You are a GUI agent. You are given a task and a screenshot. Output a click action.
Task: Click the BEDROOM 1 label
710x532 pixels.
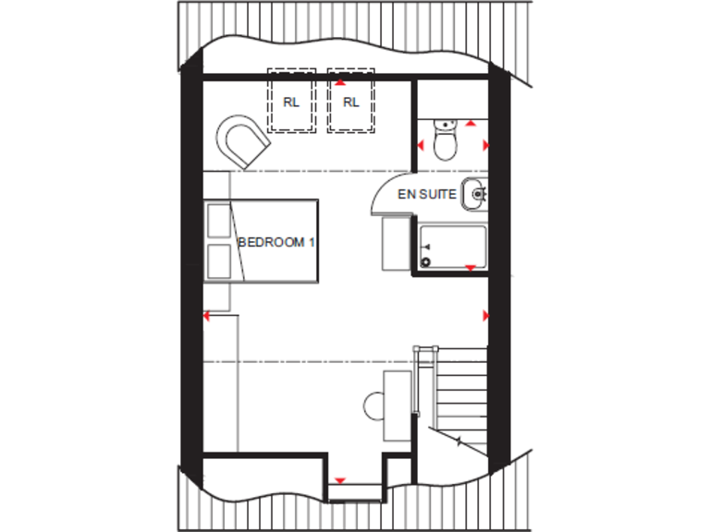tap(277, 242)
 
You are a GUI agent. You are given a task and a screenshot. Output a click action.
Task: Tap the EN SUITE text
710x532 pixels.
tap(426, 195)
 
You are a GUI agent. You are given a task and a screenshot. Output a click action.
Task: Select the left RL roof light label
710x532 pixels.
tap(292, 103)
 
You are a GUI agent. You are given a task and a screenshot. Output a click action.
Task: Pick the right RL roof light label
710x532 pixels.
tap(350, 103)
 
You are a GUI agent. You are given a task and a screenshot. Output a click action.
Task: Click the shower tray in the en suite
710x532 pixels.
tap(453, 246)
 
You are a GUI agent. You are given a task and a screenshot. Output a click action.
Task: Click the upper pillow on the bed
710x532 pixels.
tap(220, 222)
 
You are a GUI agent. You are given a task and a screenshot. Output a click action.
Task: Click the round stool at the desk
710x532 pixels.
tap(375, 405)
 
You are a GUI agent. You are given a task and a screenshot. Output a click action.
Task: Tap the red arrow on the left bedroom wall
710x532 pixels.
tap(208, 316)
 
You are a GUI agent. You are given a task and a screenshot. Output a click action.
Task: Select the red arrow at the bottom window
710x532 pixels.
tap(340, 481)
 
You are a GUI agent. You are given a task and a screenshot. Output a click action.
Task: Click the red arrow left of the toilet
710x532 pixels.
tap(422, 145)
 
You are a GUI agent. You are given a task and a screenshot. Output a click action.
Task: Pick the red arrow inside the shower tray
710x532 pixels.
tap(470, 268)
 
